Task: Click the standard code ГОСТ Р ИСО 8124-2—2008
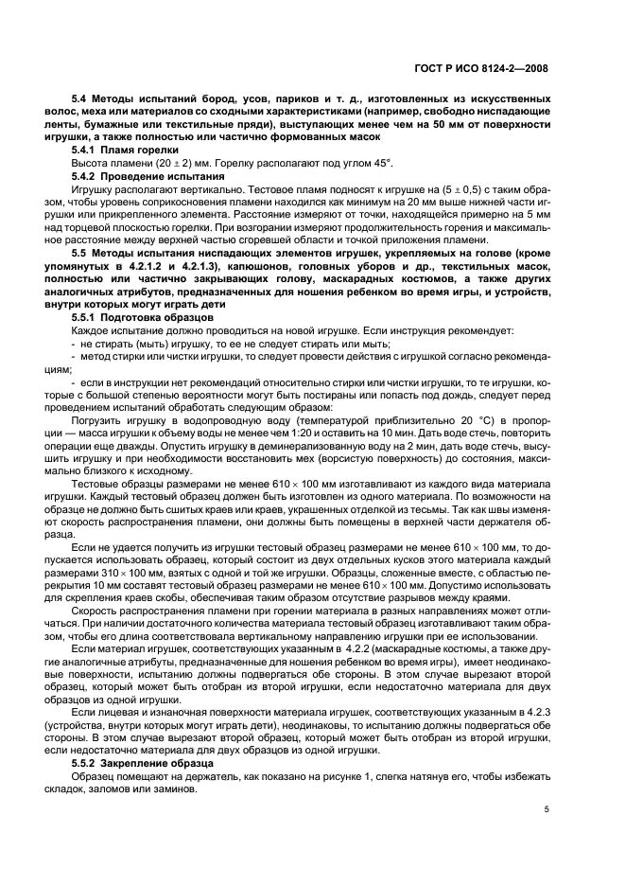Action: (x=495, y=67)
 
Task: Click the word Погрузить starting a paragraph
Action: (x=95, y=418)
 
